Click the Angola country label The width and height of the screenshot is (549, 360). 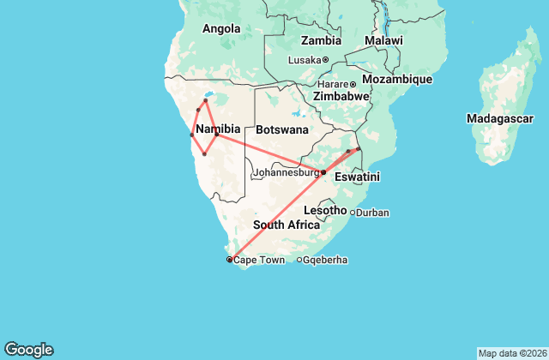[x=221, y=29]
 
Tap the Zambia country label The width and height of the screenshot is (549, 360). [x=321, y=40]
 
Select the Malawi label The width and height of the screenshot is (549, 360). [x=383, y=40]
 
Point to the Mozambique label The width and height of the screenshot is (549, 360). [x=397, y=79]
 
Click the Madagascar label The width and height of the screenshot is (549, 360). [x=500, y=117]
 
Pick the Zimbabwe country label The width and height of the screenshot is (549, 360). [x=341, y=97]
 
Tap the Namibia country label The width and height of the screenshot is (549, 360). [x=218, y=129]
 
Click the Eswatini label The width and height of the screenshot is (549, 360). [x=357, y=178]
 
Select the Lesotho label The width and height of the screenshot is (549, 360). [x=325, y=210]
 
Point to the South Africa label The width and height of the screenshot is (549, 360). [x=286, y=225]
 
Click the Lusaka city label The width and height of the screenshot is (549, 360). [x=305, y=60]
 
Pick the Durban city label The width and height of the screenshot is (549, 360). [x=373, y=213]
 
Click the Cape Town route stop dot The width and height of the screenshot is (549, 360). [x=229, y=259]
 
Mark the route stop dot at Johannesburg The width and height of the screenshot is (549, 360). [x=323, y=172]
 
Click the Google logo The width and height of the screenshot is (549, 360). [x=29, y=350]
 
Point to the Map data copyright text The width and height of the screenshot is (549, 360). [x=511, y=353]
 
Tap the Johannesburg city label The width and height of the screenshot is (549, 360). [x=287, y=172]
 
